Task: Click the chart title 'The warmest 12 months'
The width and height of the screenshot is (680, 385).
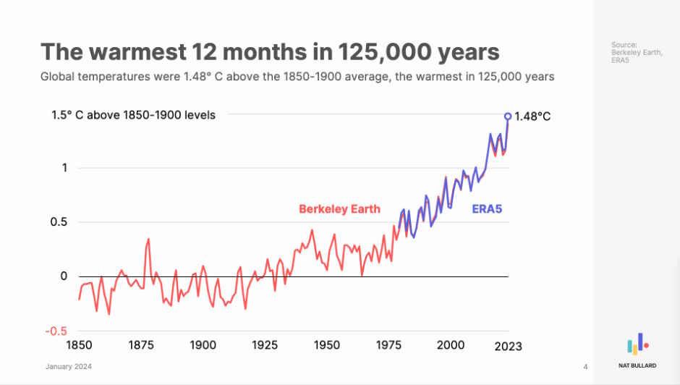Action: pos(270,52)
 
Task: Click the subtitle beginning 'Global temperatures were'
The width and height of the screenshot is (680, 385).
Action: pos(297,76)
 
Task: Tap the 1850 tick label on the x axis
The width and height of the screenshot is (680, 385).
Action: pos(80,345)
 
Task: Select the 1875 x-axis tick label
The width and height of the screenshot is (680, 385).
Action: pos(141,345)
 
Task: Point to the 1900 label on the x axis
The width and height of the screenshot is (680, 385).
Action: pos(203,345)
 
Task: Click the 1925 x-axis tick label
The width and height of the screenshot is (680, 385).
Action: pos(265,345)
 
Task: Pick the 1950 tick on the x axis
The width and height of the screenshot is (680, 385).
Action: pos(327,345)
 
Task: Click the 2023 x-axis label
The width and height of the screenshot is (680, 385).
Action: pos(507,346)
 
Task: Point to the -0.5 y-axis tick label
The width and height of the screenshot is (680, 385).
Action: pos(56,331)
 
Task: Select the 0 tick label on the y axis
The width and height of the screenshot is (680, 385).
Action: pos(64,276)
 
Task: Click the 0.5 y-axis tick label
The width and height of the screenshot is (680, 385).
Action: pos(59,222)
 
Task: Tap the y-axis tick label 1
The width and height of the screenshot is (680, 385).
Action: pos(64,168)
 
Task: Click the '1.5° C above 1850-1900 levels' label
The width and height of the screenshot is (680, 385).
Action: pos(133,114)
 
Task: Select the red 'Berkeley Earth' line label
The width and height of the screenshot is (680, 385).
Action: pos(339,210)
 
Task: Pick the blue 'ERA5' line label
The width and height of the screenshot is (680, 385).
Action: pos(487,210)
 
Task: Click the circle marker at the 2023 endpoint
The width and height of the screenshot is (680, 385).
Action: pos(508,116)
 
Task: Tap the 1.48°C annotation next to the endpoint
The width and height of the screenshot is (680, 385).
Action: pos(532,116)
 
